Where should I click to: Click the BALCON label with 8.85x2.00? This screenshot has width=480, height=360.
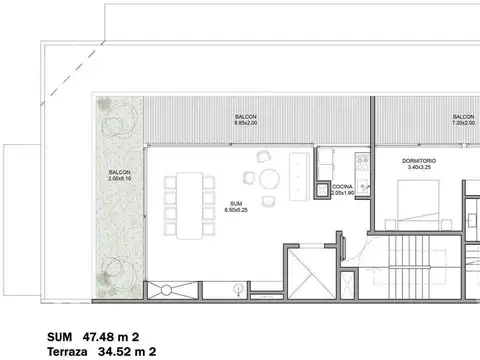pyautogui.click(x=246, y=116)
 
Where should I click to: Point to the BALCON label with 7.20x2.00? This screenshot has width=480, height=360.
pyautogui.click(x=463, y=116)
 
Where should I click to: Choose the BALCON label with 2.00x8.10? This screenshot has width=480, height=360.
pyautogui.click(x=120, y=172)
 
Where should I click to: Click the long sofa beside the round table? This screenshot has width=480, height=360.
pyautogui.click(x=297, y=176)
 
